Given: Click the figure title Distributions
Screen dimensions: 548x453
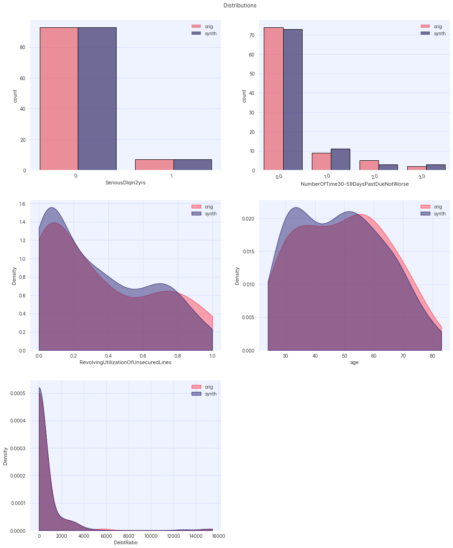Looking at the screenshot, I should [x=240, y=6].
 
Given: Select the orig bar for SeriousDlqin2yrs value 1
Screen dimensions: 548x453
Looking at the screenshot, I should [x=154, y=165].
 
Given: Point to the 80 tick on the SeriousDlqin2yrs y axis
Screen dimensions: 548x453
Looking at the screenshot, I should [x=22, y=47].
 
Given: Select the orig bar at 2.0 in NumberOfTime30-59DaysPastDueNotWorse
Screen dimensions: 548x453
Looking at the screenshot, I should [x=369, y=165].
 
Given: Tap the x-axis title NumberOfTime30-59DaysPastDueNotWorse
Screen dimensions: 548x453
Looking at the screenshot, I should [x=354, y=184].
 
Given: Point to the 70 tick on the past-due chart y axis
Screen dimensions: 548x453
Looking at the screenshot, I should [x=251, y=35].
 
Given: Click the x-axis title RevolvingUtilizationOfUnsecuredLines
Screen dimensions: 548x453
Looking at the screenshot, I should [x=125, y=362].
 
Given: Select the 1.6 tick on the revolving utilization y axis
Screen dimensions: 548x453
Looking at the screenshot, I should [x=22, y=203].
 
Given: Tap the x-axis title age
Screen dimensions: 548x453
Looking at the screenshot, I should [x=354, y=362].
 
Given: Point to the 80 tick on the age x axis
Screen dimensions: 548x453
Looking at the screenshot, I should [x=432, y=356].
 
